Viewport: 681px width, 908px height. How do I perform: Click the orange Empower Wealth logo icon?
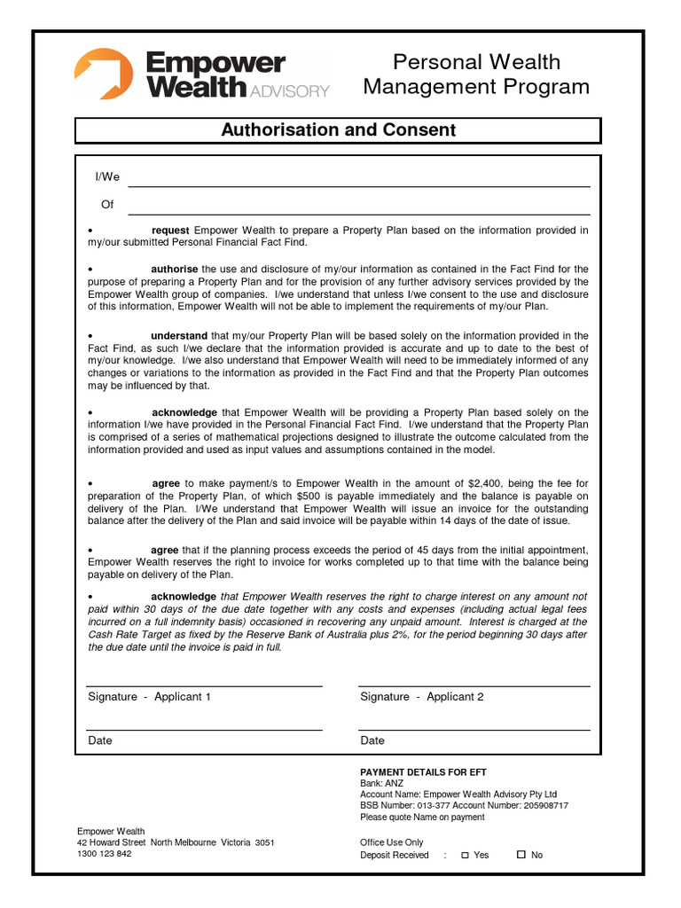point(103,74)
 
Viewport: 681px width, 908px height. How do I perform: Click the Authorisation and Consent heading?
point(338,130)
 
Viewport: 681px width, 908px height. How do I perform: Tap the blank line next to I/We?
point(359,180)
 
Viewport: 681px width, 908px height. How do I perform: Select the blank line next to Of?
point(359,207)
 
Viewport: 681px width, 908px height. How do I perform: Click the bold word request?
point(170,231)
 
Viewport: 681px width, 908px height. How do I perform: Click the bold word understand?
point(178,336)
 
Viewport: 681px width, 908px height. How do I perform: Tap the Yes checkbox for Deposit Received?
point(465,855)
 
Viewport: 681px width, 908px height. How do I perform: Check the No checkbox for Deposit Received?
point(521,855)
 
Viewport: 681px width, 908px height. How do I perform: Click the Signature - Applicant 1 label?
point(149,697)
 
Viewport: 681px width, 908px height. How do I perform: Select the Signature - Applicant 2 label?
point(422,697)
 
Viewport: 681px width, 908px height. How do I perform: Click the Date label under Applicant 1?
point(100,740)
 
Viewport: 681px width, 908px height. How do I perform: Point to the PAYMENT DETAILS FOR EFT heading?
point(423,772)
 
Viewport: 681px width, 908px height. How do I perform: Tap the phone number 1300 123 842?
point(105,854)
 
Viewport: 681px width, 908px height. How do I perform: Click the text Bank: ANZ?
point(383,784)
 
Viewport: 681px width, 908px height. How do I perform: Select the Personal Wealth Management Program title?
point(476,74)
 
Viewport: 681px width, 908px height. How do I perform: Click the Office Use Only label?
point(392,842)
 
